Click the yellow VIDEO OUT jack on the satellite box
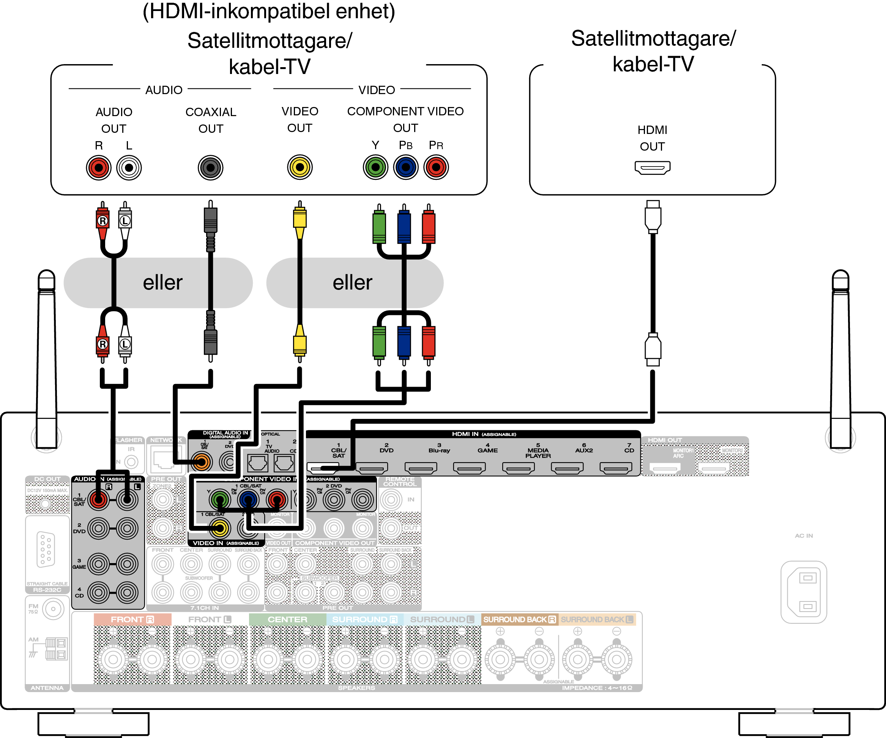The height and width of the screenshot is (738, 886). pos(300,167)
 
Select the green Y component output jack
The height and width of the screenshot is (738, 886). pos(375,167)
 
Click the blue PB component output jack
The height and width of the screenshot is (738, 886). pos(405,167)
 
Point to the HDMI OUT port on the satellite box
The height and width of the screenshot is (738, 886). pos(652,167)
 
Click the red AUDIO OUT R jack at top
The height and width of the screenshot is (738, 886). pos(98,168)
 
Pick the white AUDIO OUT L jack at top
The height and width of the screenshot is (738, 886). pos(129,168)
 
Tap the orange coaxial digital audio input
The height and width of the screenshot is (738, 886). pos(201,462)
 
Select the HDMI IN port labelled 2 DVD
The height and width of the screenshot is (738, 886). pos(372,467)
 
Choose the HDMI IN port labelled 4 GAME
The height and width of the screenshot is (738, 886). pos(469,467)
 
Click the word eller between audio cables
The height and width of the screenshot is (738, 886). pos(162,283)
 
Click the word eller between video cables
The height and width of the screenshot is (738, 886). pos(352,283)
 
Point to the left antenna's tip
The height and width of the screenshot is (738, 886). pos(46,274)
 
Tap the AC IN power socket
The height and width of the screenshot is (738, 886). pos(803,592)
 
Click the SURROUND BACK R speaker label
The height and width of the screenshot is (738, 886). pos(519,619)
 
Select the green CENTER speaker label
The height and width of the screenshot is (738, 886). pos(287,619)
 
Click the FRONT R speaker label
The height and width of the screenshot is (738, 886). pos(132,619)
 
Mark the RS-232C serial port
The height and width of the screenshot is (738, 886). pos(46,549)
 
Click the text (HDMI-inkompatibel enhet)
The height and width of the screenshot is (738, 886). pos(269,11)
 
